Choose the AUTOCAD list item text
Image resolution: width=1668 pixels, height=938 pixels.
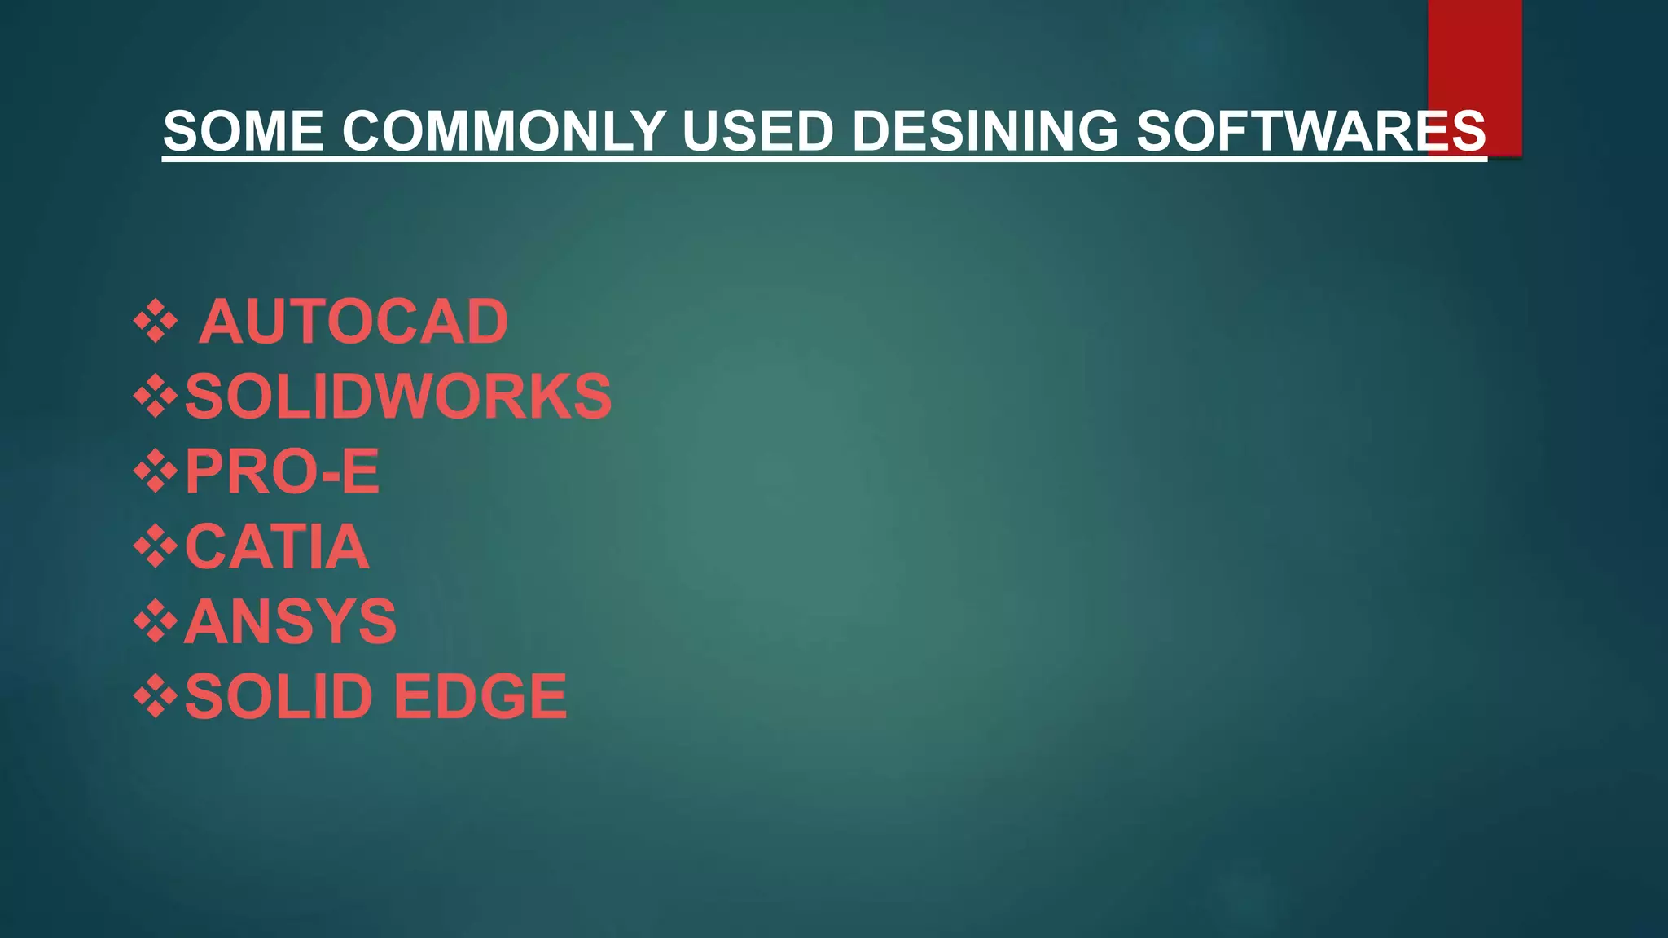tap(353, 322)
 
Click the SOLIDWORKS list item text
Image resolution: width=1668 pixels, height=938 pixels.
tap(397, 397)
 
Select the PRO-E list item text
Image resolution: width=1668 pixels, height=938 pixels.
tap(282, 471)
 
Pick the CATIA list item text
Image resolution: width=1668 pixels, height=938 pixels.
tap(277, 546)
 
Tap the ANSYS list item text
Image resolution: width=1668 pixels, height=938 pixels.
tap(291, 621)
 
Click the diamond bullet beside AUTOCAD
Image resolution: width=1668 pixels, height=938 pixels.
tap(156, 322)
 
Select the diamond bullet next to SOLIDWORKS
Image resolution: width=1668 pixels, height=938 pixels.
tap(156, 397)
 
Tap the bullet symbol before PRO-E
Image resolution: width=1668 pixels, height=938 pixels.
tap(156, 471)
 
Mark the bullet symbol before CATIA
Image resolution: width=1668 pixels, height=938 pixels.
tap(156, 546)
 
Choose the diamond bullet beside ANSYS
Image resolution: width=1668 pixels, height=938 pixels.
tap(156, 621)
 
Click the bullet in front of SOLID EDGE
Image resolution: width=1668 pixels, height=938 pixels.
tap(156, 696)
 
